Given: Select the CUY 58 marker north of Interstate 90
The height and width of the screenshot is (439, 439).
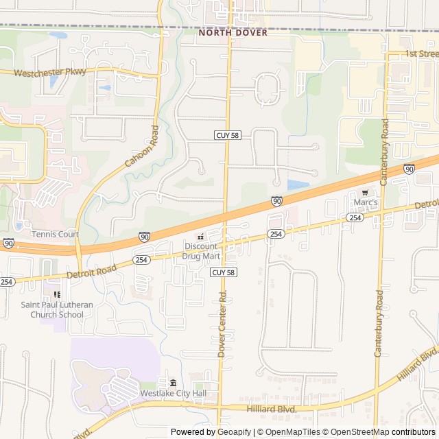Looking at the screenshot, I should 226,136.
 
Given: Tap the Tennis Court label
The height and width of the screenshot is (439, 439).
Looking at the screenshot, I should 55,234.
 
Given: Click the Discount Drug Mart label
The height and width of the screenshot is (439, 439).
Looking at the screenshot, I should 200,251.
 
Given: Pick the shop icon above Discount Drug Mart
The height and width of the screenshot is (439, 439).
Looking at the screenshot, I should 200,237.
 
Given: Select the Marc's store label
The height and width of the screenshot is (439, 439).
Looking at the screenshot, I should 366,203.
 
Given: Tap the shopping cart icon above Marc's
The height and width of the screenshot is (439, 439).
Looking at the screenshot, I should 366,192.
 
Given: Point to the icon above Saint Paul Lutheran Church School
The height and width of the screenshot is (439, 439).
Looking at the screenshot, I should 57,294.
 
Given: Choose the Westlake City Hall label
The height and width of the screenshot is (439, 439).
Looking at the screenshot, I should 173,394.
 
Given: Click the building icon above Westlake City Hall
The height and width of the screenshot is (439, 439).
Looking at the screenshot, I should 173,382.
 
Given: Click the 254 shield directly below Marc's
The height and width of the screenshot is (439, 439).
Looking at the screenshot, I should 354,217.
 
